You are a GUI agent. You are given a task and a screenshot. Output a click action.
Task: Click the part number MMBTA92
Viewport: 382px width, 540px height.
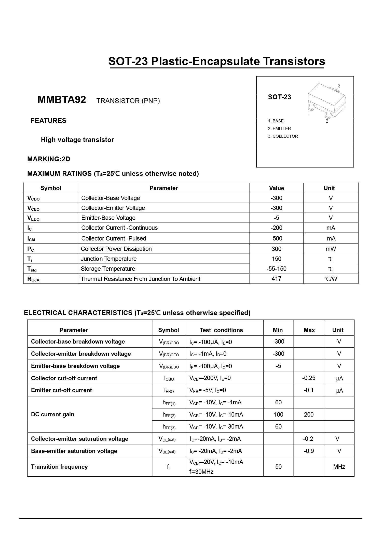coord(62,100)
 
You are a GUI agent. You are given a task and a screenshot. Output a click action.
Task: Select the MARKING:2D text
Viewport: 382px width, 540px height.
coord(49,159)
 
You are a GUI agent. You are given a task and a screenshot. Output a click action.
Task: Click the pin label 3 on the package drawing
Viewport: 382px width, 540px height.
coord(339,86)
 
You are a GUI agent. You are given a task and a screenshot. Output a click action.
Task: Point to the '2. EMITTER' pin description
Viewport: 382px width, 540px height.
coord(279,129)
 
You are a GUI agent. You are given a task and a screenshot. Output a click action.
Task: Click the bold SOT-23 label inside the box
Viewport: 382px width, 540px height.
coord(279,97)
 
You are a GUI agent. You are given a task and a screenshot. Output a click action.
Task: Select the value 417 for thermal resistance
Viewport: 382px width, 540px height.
coord(276,279)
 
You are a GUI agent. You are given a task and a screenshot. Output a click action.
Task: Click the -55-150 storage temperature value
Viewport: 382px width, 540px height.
coord(276,269)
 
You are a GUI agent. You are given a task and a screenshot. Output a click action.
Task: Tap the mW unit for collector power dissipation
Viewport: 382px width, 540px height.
coord(331,249)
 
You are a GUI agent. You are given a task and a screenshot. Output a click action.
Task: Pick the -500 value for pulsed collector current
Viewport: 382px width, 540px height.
coord(276,238)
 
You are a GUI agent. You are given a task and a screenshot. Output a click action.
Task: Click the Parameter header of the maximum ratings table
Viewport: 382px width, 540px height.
coord(163,188)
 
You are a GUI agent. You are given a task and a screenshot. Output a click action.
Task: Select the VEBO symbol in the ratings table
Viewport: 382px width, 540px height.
coord(33,218)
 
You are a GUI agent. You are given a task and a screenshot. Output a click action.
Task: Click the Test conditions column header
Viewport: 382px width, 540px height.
coord(221,330)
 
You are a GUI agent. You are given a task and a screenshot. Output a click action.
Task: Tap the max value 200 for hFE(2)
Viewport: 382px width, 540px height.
coord(309,415)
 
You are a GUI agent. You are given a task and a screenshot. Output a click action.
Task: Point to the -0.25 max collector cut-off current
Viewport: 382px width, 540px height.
coord(309,378)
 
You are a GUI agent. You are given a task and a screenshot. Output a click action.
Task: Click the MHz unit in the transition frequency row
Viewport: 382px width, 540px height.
coord(339,467)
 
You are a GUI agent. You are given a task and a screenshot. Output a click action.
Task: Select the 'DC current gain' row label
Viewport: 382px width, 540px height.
coord(53,414)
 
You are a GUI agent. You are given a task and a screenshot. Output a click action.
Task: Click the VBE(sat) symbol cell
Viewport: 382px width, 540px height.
coord(167,451)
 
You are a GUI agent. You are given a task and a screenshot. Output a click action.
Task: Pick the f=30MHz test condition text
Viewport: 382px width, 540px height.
coord(201,472)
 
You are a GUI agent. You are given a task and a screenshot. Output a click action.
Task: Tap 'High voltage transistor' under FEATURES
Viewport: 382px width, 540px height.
coord(77,140)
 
